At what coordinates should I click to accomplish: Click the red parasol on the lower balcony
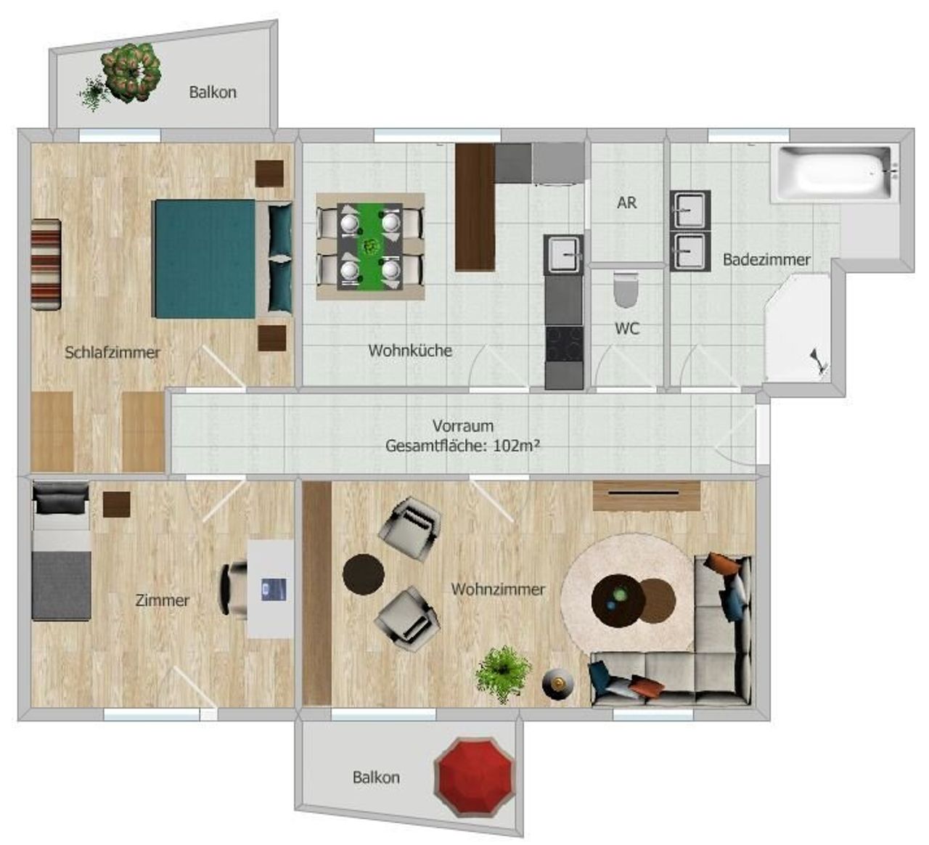coord(474,777)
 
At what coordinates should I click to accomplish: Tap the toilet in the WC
coord(626,290)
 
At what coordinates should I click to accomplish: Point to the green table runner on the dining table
coord(370,246)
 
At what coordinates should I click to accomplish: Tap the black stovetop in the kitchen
coord(564,344)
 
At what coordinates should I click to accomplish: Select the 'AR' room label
coord(626,203)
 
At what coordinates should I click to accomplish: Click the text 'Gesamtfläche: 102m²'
coord(462,446)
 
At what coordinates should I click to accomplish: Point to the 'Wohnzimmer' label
coord(498,589)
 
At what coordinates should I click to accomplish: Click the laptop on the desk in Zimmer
coord(273,589)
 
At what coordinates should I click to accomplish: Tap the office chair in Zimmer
coord(233,588)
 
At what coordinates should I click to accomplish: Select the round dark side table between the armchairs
coord(363,574)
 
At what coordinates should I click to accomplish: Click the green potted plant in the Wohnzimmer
coord(502,674)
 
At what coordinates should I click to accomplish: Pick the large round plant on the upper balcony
coord(131,73)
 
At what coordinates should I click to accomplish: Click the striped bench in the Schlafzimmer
coord(46,265)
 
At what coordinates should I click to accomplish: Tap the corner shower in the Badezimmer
coord(797,328)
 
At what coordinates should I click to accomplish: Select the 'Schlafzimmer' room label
coord(112,353)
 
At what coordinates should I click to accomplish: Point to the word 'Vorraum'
coord(463,425)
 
